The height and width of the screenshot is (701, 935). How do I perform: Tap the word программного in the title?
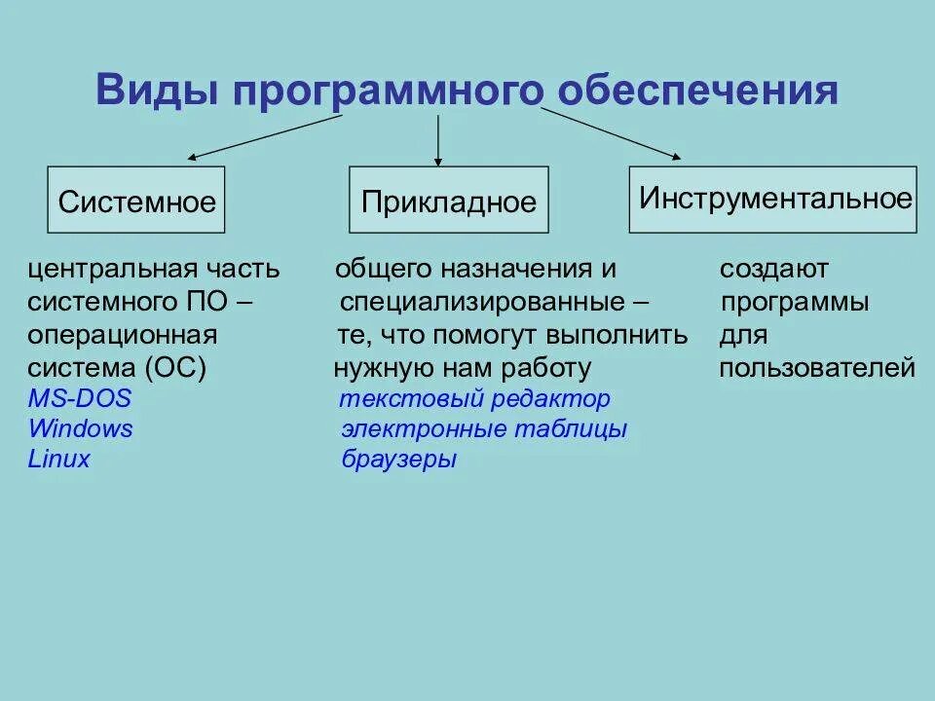point(388,92)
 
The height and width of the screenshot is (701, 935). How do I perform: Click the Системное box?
point(136,201)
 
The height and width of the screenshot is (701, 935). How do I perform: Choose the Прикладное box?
point(449,201)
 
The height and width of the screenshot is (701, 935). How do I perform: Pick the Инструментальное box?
point(773,200)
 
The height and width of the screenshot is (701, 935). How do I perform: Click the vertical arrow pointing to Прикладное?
point(438,136)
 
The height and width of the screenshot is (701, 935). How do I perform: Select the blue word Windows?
point(81,429)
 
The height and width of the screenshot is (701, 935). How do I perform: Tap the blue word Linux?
point(59,460)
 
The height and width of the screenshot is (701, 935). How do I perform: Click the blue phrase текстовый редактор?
point(474,399)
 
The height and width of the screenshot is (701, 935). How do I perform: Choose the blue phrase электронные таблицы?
point(484,429)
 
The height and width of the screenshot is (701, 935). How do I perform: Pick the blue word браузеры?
point(398,460)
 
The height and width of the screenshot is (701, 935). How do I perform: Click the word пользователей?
point(817,368)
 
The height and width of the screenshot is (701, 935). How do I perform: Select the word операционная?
point(122,336)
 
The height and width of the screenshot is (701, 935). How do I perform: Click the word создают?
point(774,269)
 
